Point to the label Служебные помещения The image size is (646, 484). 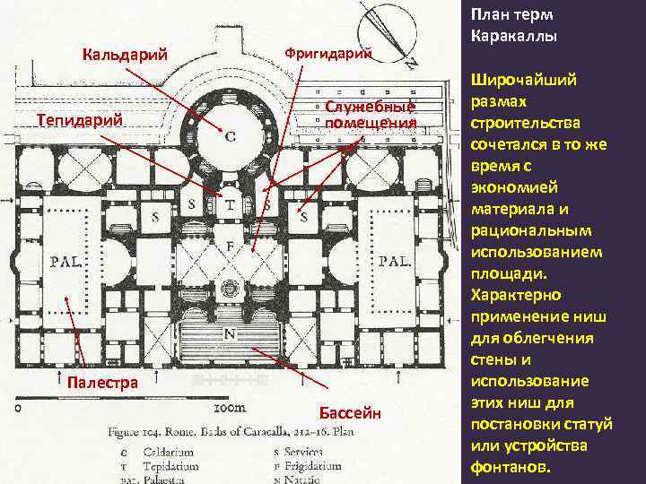click(371, 115)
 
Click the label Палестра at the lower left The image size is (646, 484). click(102, 383)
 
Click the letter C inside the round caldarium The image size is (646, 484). click(231, 137)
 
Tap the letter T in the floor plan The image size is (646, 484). click(231, 204)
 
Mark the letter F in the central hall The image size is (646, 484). click(231, 243)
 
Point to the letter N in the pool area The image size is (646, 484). click(231, 333)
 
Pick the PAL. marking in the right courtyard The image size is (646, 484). click(395, 263)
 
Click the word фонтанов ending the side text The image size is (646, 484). click(512, 467)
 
